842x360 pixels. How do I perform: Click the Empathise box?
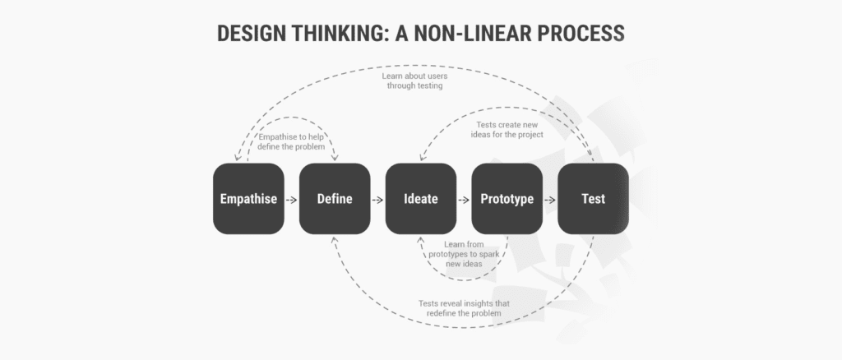[x=248, y=199]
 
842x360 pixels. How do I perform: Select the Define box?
[x=335, y=199]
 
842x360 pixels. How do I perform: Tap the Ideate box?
[x=421, y=199]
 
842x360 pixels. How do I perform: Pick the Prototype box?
[x=507, y=199]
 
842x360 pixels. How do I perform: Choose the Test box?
[x=594, y=199]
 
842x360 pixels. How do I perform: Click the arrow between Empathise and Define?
[x=292, y=200]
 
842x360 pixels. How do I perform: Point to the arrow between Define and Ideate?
[x=377, y=200]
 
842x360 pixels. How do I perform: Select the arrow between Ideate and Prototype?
[x=464, y=200]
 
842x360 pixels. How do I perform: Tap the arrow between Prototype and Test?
[x=550, y=200]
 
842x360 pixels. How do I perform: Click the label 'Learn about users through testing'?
[x=414, y=81]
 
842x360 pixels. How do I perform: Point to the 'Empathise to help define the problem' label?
[x=291, y=142]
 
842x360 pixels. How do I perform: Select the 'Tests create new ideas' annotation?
[x=507, y=130]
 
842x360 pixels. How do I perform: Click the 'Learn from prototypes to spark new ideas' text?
[x=464, y=254]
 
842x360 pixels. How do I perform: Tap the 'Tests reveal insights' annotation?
[x=464, y=308]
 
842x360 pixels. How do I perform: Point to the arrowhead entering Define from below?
[x=334, y=240]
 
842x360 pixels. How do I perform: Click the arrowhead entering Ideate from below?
[x=420, y=240]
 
